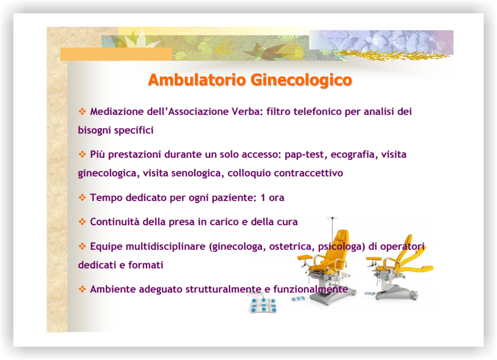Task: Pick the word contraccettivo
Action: [x=309, y=173]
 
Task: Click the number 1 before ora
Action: [x=263, y=198]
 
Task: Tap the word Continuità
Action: [x=115, y=222]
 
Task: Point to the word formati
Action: [x=146, y=265]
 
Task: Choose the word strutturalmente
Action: [x=223, y=289]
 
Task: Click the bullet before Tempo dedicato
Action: [x=82, y=197]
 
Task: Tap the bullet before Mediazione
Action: [x=82, y=111]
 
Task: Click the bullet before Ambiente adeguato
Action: [x=82, y=289]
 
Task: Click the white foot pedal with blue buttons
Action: [x=263, y=305]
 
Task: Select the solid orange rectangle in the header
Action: [x=116, y=54]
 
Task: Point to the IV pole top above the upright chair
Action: [x=332, y=219]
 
